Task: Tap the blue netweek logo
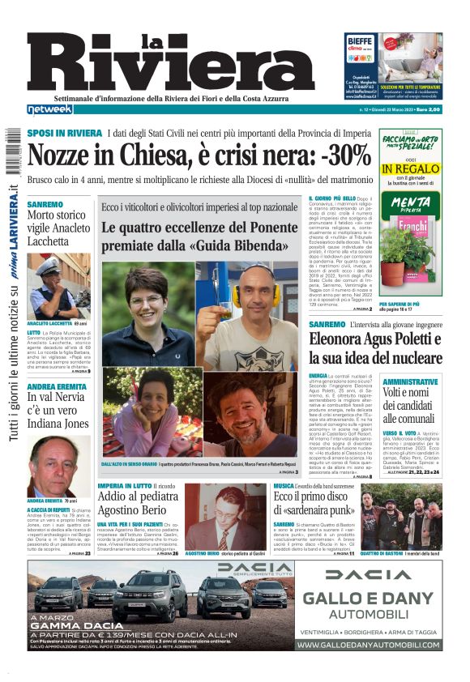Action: tap(50, 109)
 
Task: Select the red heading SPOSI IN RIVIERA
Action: tap(64, 133)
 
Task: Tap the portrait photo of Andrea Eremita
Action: tap(58, 465)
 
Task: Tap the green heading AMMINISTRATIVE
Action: tap(410, 381)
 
